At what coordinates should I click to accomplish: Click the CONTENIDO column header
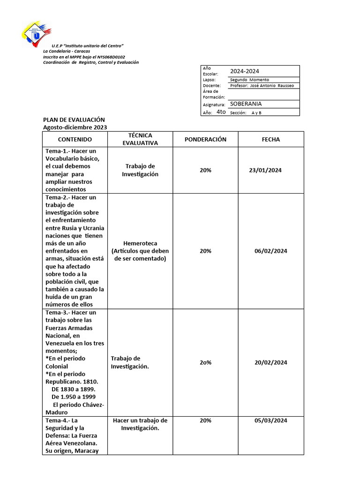[x=75, y=140]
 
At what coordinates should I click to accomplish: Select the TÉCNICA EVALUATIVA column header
[x=140, y=139]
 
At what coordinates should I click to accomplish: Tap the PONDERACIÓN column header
[x=205, y=140]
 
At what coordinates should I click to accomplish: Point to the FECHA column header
[x=271, y=140]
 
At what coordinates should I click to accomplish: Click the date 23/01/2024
[x=265, y=170]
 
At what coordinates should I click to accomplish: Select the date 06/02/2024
[x=270, y=251]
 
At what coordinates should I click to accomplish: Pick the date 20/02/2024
[x=270, y=362]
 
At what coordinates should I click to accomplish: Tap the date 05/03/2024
[x=270, y=420]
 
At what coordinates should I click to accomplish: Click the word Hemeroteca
[x=140, y=243]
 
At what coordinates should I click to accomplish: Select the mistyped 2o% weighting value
[x=205, y=362]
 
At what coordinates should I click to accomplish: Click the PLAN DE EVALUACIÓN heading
[x=74, y=120]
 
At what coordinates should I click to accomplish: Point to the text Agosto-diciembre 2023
[x=75, y=127]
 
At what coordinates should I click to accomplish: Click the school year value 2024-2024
[x=244, y=71]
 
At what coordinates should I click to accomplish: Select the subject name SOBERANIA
[x=246, y=104]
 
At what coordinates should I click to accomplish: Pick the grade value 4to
[x=221, y=112]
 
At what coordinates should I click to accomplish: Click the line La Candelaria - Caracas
[x=67, y=51]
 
